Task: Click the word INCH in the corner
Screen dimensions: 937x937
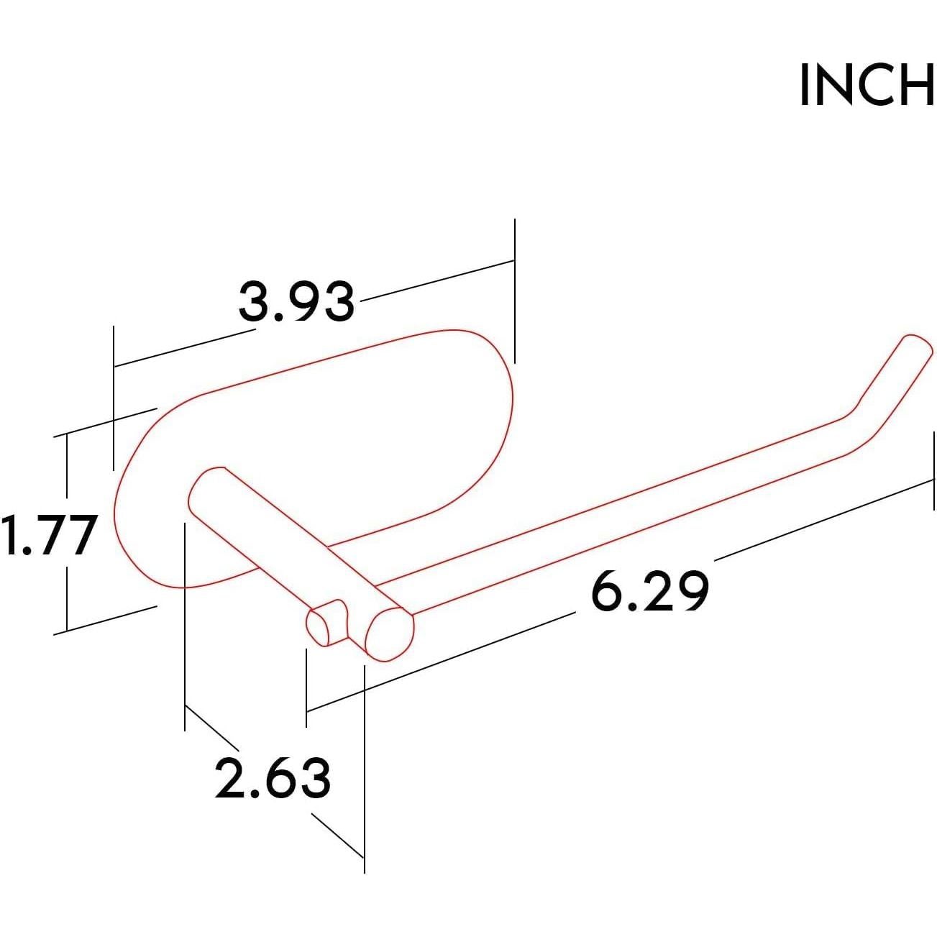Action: pos(866,86)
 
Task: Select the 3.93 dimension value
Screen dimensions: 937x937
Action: pos(296,302)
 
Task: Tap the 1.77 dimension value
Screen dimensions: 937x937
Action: pos(49,536)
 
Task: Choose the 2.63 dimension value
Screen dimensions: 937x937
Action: pos(273,779)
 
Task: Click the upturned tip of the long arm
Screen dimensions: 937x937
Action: pos(913,345)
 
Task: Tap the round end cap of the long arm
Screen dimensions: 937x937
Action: pos(389,634)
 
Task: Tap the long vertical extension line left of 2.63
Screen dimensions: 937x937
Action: pos(186,626)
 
